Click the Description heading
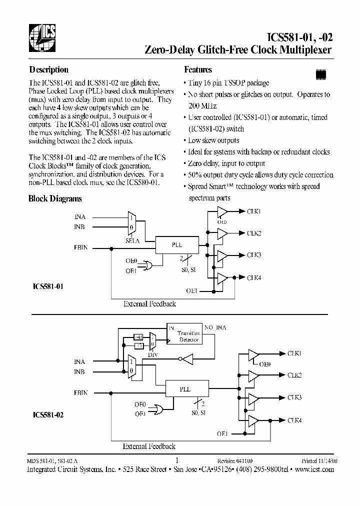[x=48, y=70]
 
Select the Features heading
[x=198, y=70]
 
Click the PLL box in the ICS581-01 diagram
[x=176, y=245]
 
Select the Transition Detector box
[x=188, y=336]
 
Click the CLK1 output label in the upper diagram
[x=253, y=211]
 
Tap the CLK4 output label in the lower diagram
[x=294, y=420]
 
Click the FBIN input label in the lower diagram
[x=80, y=393]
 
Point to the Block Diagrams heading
[x=55, y=198]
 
